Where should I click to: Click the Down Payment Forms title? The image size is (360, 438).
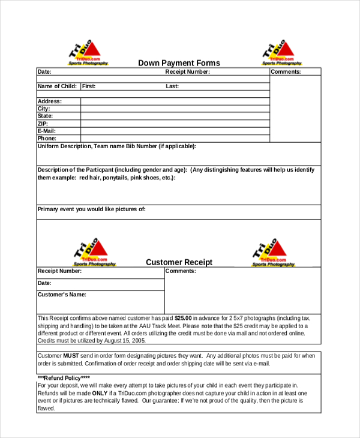click(x=179, y=63)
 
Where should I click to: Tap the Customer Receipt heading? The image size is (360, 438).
click(x=179, y=262)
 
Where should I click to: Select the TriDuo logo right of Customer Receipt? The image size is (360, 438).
click(x=274, y=252)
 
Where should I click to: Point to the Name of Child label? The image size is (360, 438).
click(x=57, y=86)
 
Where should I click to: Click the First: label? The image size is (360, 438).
click(x=89, y=86)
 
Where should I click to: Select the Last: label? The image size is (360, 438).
click(x=172, y=86)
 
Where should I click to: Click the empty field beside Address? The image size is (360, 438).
click(x=175, y=101)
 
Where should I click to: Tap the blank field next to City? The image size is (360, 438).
click(x=175, y=109)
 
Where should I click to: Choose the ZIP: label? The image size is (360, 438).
click(x=44, y=124)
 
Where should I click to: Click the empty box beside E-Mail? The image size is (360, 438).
click(x=175, y=131)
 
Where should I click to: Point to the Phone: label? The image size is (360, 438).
click(x=47, y=138)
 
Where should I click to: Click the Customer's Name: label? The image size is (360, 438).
click(x=62, y=295)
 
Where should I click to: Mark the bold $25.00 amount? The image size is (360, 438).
click(x=183, y=318)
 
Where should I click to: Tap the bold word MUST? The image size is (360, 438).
click(x=71, y=355)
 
